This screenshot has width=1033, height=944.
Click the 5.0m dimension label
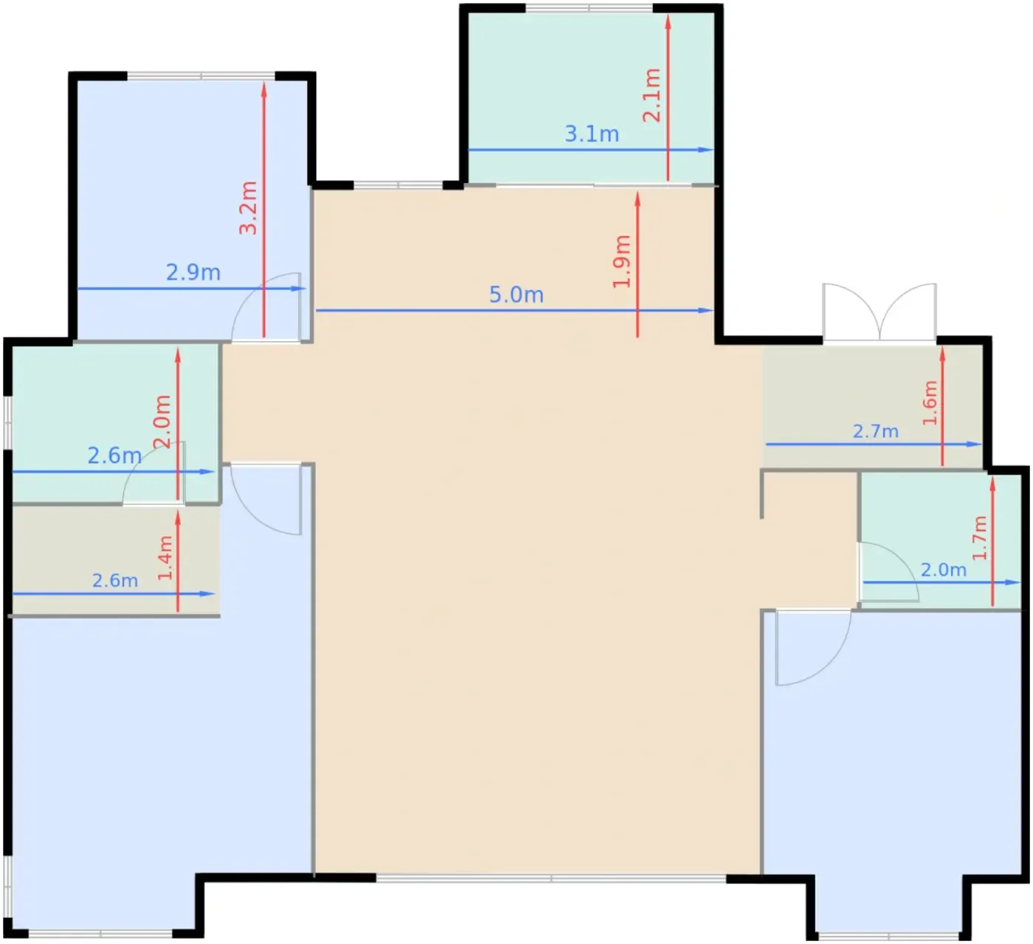[516, 294]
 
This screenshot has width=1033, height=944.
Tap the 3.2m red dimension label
[248, 207]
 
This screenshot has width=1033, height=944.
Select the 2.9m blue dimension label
[193, 272]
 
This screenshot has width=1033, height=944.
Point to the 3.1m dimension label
[592, 134]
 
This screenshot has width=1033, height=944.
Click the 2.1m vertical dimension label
[652, 94]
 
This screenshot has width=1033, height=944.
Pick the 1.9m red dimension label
[621, 261]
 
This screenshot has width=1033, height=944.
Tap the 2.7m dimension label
[875, 431]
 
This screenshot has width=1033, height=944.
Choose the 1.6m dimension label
[930, 402]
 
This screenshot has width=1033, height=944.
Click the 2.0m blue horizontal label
[944, 569]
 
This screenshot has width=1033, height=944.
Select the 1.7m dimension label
[979, 538]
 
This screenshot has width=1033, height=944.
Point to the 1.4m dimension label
[165, 558]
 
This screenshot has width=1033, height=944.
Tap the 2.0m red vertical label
[162, 421]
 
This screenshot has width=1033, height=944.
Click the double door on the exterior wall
[880, 312]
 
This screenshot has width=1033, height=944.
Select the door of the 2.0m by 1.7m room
[888, 572]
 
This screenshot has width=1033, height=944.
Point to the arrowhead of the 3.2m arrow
[264, 89]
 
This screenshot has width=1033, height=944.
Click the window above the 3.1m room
[589, 7]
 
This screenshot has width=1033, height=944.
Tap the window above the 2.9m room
[201, 76]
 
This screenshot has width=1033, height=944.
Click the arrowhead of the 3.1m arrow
[706, 150]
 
